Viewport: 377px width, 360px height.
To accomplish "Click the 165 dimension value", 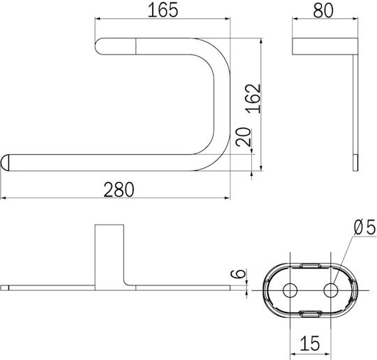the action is click(163, 10).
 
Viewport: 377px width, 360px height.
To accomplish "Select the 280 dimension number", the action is click(119, 190).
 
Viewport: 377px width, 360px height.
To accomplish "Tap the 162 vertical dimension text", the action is click(253, 98).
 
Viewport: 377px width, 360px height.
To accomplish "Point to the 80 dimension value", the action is click(323, 10).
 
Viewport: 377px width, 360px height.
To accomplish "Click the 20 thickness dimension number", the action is click(243, 137).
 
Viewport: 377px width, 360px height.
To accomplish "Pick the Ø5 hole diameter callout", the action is click(364, 227).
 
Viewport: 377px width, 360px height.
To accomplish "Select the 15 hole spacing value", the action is click(310, 343).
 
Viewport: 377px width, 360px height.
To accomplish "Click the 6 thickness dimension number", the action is click(238, 273).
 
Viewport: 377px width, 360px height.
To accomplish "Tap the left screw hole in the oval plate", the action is click(290, 290).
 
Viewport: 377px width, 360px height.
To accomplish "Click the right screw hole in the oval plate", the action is click(331, 290).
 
